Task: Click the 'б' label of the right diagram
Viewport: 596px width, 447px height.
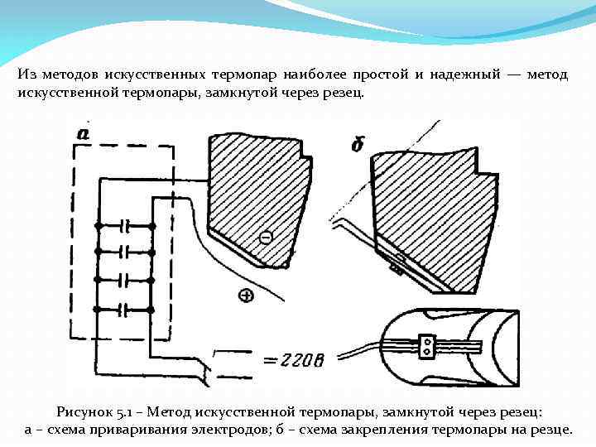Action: click(x=358, y=145)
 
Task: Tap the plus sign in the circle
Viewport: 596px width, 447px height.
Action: click(x=246, y=295)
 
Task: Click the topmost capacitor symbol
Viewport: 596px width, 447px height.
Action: click(x=126, y=224)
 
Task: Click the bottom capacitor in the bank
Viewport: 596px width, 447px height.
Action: click(x=126, y=310)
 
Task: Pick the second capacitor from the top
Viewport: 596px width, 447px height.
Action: click(x=126, y=251)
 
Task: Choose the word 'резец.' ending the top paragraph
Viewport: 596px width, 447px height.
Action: click(x=342, y=93)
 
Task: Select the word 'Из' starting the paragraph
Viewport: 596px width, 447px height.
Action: click(x=26, y=74)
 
